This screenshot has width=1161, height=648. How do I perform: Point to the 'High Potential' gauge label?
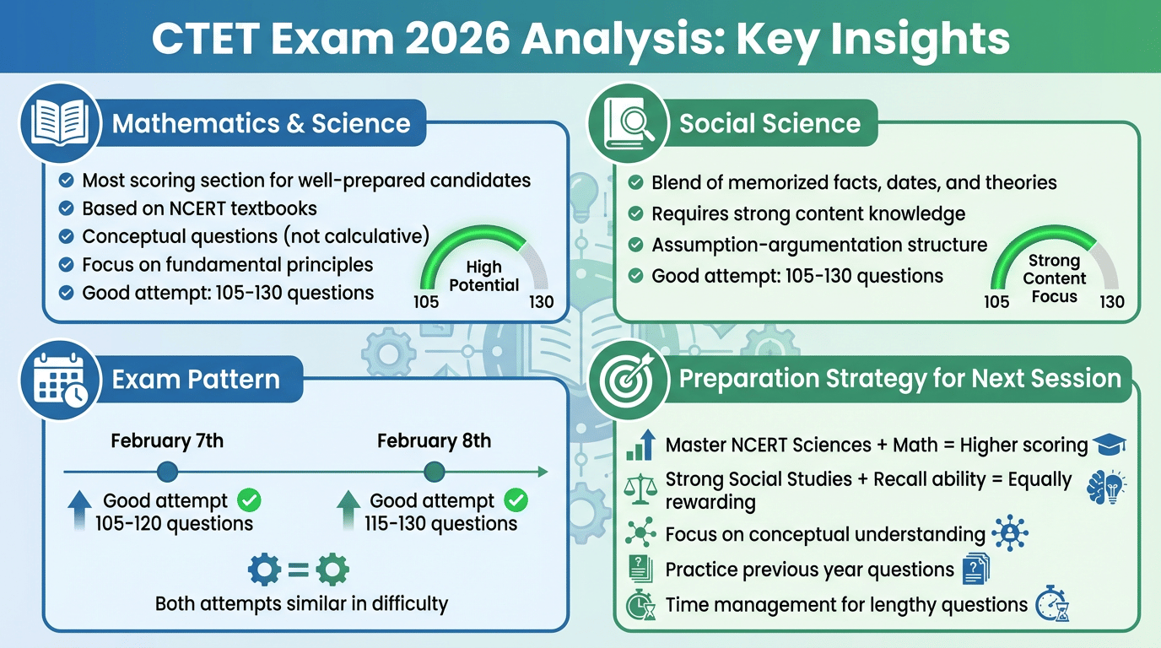(483, 277)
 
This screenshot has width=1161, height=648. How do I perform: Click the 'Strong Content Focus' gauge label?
(1054, 278)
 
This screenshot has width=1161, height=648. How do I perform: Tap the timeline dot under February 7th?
(167, 472)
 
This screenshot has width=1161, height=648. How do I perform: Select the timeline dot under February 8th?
(434, 472)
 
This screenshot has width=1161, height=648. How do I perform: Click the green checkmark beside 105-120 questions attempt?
(249, 501)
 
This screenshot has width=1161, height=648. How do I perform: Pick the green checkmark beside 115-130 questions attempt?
(516, 501)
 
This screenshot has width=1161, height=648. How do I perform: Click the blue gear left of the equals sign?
(264, 571)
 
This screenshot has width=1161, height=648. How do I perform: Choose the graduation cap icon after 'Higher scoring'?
(1109, 445)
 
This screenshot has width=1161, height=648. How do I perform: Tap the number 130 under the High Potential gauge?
(540, 302)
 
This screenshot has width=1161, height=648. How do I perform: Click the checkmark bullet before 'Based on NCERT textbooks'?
(66, 208)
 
